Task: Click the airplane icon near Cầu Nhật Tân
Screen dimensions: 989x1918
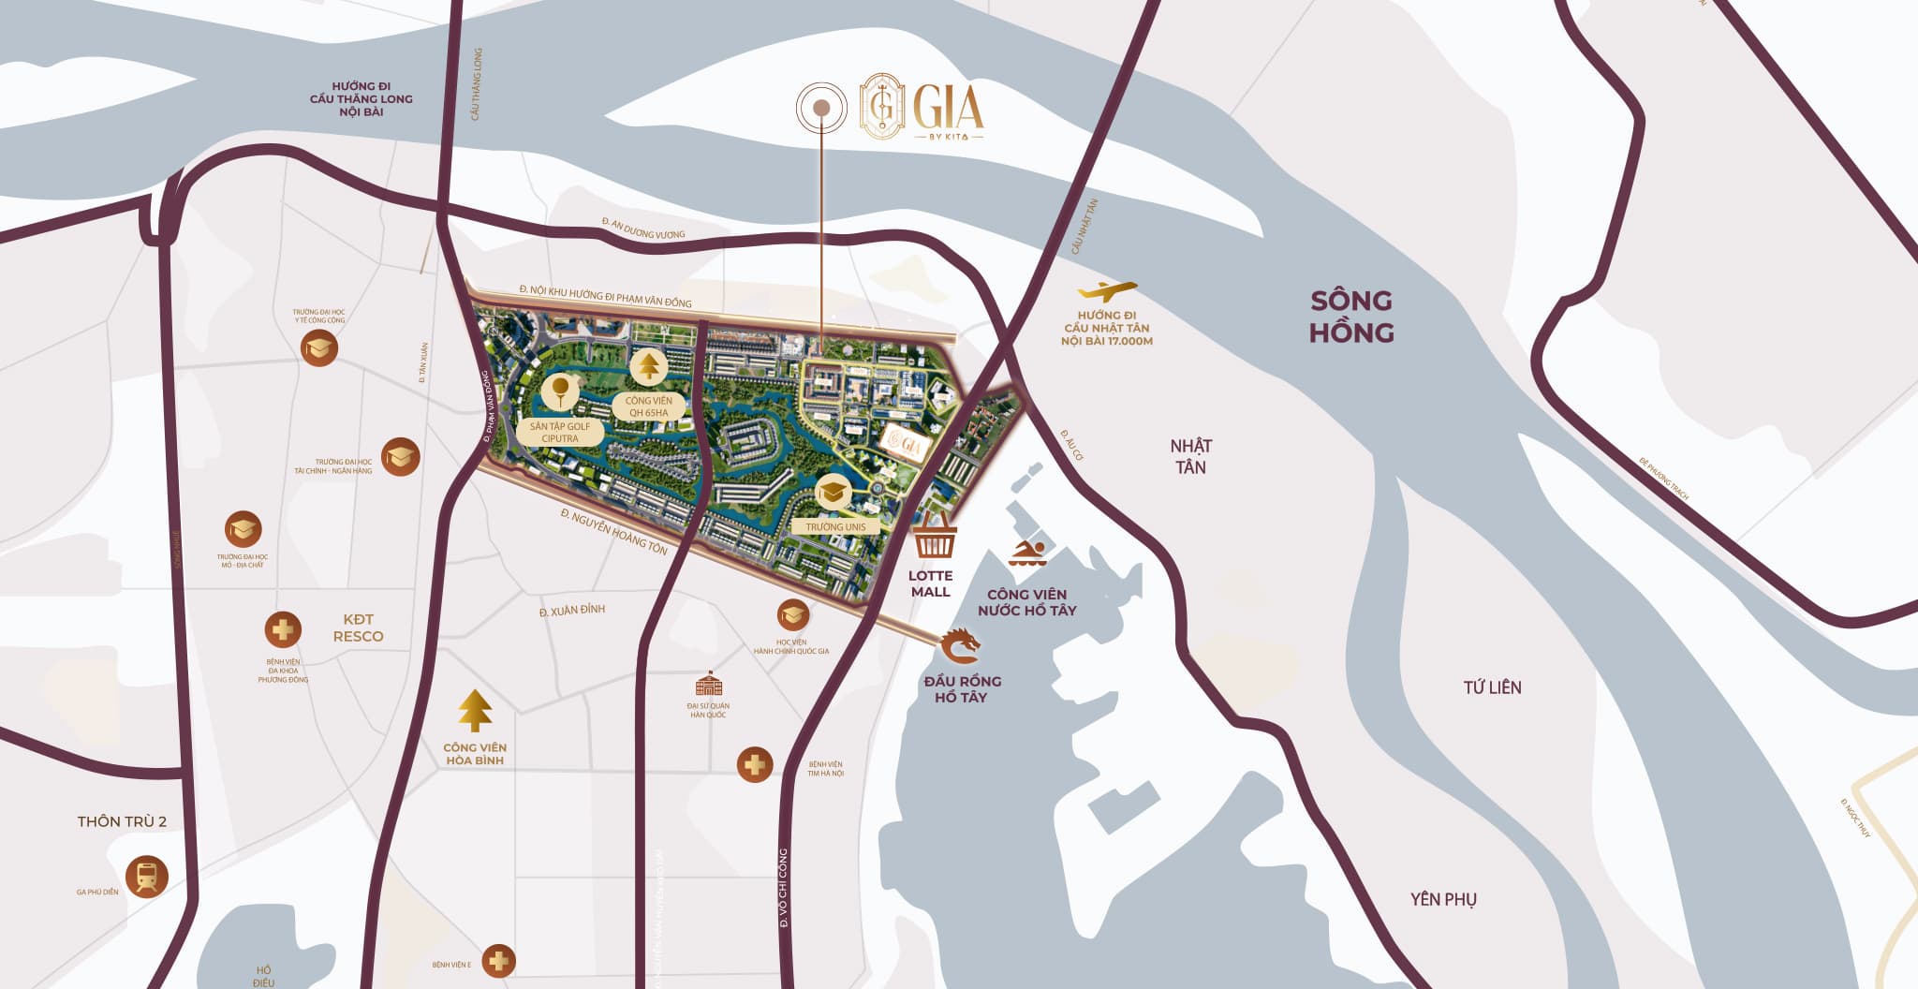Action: pos(1107,291)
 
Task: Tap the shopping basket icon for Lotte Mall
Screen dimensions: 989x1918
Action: pos(935,539)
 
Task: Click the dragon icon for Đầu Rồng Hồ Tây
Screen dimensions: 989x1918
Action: pos(962,646)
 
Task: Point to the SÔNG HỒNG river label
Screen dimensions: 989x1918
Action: pos(1350,317)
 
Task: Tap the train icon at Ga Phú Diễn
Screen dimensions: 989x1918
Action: pos(146,878)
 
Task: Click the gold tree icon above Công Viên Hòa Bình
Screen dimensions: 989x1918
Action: pos(475,711)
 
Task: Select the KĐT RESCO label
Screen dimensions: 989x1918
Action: pos(358,627)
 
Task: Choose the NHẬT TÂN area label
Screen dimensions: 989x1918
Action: pos(1190,456)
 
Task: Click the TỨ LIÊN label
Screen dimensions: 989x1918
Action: pos(1492,687)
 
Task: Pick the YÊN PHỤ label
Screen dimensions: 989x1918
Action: pos(1443,899)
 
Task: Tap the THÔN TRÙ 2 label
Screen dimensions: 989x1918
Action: pos(122,821)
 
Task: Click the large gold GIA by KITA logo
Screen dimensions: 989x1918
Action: pos(922,107)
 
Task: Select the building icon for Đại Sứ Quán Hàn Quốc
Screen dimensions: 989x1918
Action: pos(709,684)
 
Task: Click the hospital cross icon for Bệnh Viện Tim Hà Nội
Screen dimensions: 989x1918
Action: pos(755,765)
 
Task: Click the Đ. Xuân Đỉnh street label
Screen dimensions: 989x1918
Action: pos(572,611)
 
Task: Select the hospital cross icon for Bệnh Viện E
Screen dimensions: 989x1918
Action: pos(498,961)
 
